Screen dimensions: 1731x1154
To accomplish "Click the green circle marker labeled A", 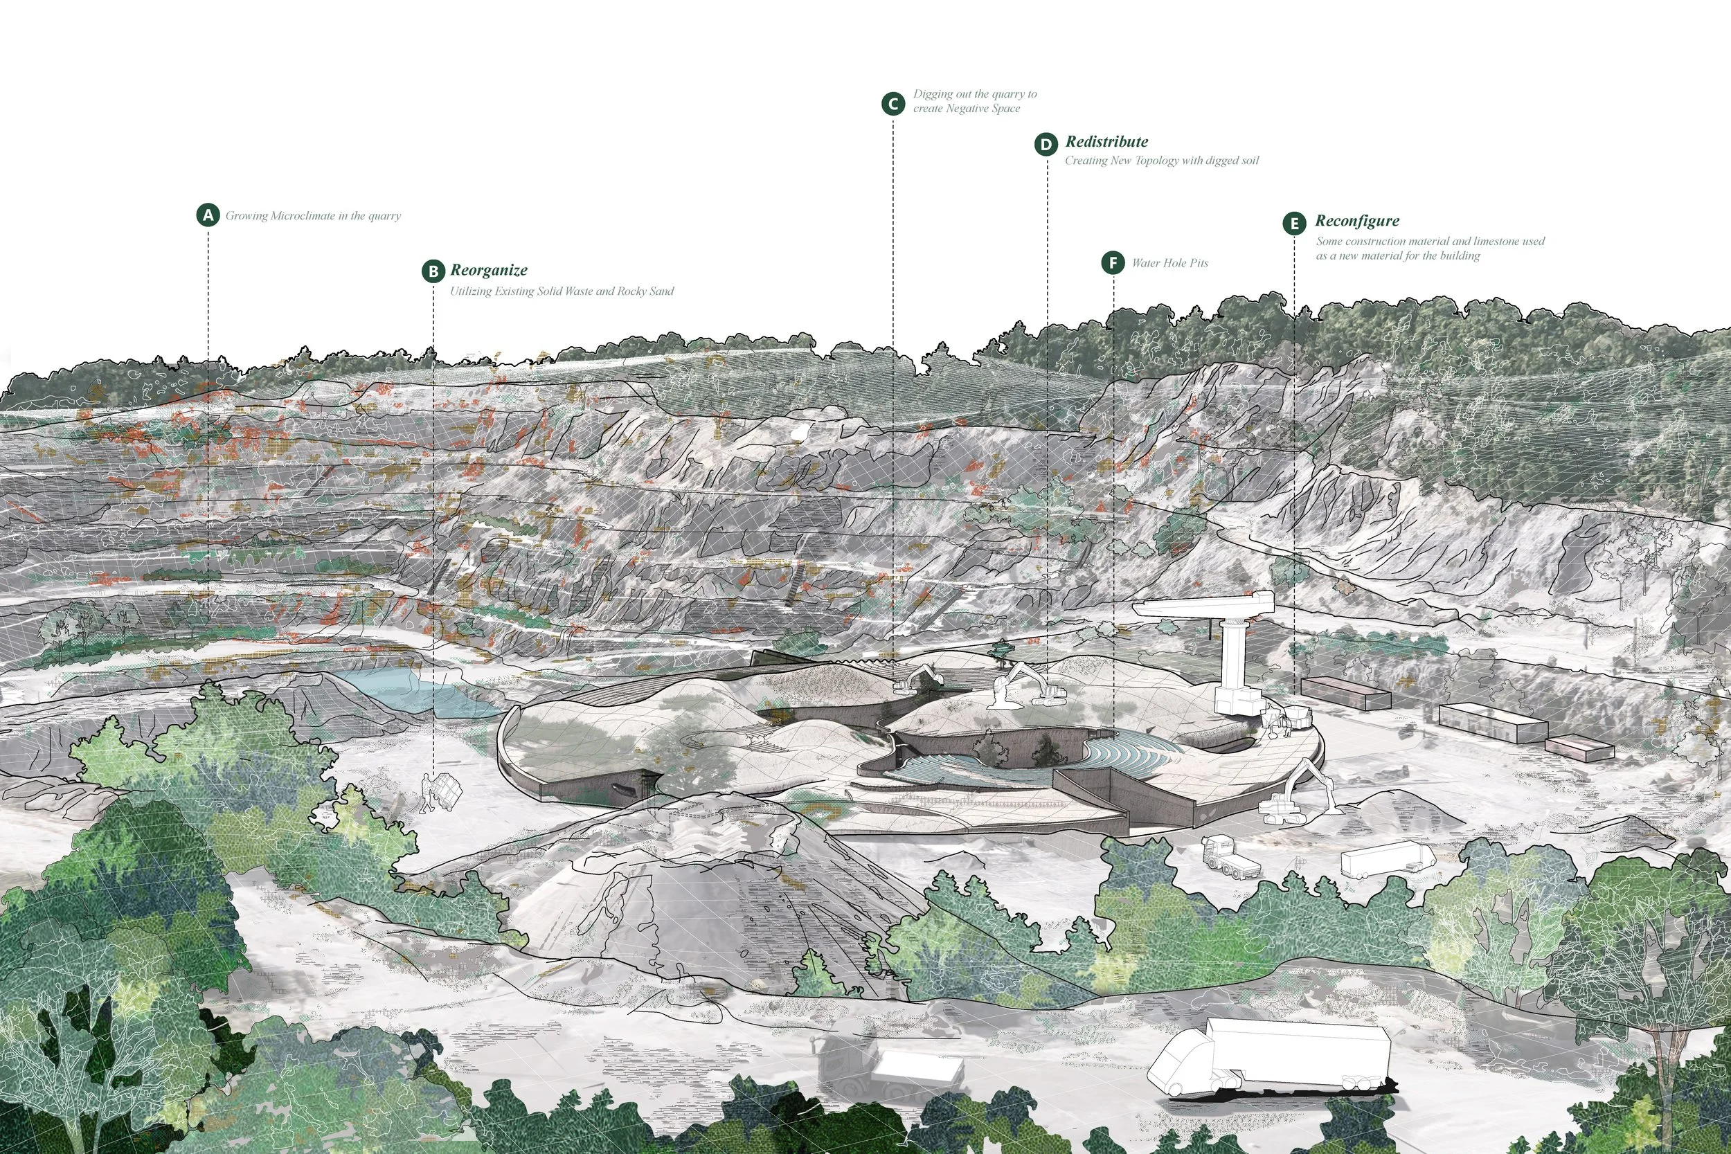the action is pos(208,215).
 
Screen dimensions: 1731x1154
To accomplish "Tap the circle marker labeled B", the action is pos(433,271).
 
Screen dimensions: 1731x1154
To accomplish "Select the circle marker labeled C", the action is pos(893,104).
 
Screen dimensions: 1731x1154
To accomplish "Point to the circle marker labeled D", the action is pos(1046,144).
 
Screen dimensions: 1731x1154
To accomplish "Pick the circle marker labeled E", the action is pos(1294,224).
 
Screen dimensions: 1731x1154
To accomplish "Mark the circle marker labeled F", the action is pos(1113,263).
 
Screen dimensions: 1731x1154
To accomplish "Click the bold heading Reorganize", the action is pos(489,270).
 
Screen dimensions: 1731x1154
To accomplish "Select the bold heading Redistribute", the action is pos(1106,141).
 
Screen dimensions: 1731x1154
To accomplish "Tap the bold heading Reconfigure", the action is pos(1356,221).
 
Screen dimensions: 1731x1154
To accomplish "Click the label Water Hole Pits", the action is pos(1169,263).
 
